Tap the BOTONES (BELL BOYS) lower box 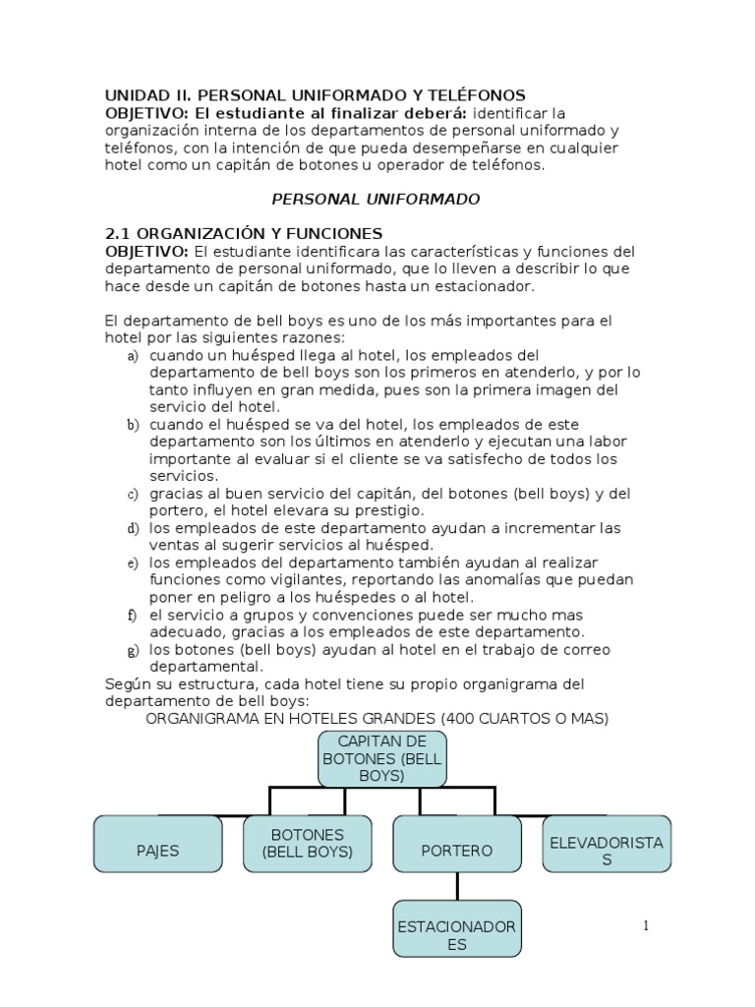point(307,844)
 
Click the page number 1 point(646,926)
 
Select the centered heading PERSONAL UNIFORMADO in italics point(376,199)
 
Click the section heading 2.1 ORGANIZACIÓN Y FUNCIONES point(244,234)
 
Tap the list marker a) point(133,355)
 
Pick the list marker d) point(133,528)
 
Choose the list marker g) point(133,650)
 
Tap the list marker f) point(132,615)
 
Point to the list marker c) point(133,494)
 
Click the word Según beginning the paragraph point(126,683)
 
